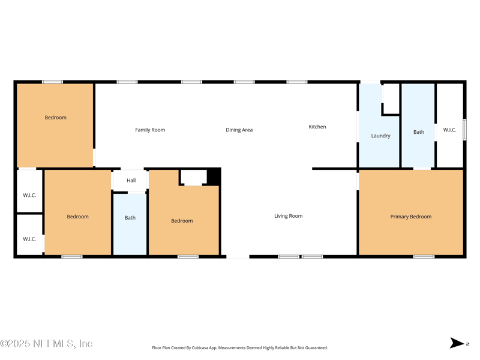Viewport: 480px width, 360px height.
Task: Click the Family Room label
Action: click(150, 130)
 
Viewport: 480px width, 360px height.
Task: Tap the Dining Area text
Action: click(239, 130)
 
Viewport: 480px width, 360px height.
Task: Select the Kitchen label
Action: click(317, 127)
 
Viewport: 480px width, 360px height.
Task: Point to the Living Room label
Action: click(288, 216)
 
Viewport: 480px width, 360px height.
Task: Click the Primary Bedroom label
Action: click(410, 217)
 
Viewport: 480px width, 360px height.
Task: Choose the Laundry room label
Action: click(380, 136)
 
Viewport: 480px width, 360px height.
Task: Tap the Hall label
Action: click(131, 180)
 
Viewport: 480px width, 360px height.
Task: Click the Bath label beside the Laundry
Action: click(418, 132)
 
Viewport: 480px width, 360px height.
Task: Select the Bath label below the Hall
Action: click(130, 218)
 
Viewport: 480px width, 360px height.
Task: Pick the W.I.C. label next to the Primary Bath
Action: click(449, 130)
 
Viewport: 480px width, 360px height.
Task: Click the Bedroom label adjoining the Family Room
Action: click(55, 118)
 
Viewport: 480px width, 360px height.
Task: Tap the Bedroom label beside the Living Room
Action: click(182, 221)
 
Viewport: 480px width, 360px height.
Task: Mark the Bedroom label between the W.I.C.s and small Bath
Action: click(77, 217)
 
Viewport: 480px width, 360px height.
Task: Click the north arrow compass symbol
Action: click(458, 343)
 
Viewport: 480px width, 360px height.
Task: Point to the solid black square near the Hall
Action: click(214, 177)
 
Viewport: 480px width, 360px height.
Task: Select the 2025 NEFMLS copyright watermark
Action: click(46, 344)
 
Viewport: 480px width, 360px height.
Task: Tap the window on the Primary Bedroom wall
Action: click(424, 257)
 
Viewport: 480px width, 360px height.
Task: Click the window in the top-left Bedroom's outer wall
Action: click(52, 82)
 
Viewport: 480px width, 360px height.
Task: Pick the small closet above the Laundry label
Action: click(391, 98)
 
